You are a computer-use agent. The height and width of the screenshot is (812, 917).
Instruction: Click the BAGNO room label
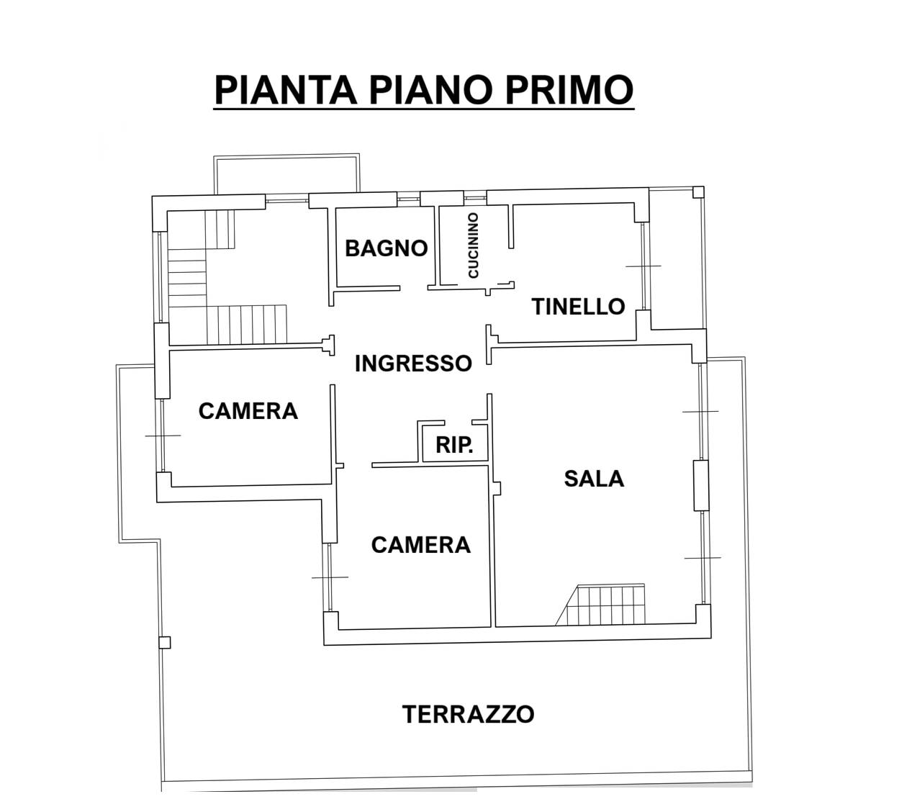tap(386, 248)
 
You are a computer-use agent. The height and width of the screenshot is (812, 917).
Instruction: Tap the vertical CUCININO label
tap(474, 245)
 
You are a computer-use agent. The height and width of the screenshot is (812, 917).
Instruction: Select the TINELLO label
tap(578, 307)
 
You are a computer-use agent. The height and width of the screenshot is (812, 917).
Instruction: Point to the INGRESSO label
tap(413, 364)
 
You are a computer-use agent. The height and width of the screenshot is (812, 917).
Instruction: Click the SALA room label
tap(594, 479)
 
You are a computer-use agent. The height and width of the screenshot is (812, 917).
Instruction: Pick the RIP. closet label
tap(454, 445)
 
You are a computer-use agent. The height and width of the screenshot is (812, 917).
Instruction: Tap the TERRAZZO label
tap(468, 714)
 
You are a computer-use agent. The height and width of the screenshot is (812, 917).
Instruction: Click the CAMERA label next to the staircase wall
tap(248, 411)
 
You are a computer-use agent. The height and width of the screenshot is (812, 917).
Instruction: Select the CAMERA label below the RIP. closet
tap(421, 544)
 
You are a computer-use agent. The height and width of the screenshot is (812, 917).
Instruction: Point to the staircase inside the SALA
tap(600, 605)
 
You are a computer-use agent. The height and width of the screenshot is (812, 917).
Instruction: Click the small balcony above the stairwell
tap(287, 173)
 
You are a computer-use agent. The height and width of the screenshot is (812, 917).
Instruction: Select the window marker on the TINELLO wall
tap(643, 266)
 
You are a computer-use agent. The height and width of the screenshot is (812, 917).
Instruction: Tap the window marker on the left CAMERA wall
tap(163, 436)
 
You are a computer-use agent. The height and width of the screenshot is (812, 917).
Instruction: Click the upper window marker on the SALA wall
tap(700, 412)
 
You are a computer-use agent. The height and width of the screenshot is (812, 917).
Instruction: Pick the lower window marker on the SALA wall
tap(703, 558)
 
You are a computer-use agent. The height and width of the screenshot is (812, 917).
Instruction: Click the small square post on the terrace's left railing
tap(165, 643)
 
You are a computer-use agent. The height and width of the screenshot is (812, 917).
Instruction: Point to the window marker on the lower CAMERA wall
tap(330, 577)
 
